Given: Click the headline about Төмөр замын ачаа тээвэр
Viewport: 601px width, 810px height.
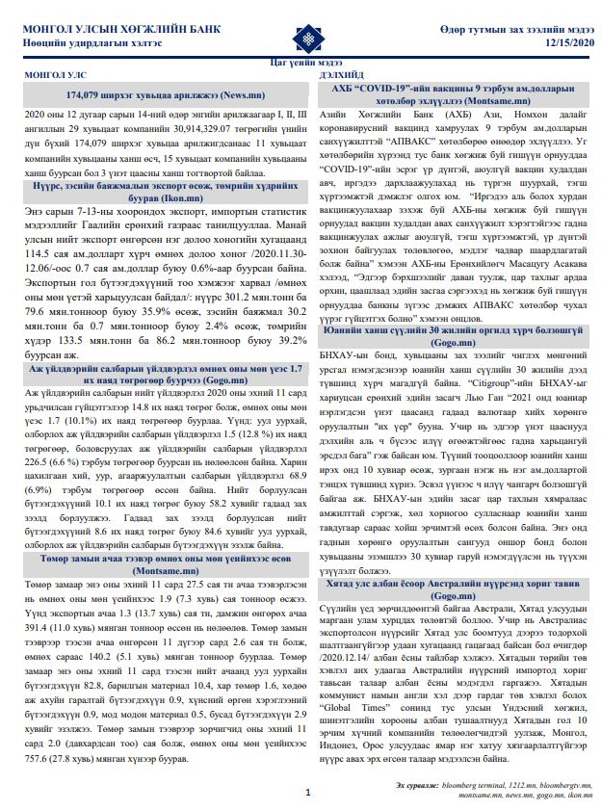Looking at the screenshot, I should point(164,562).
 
